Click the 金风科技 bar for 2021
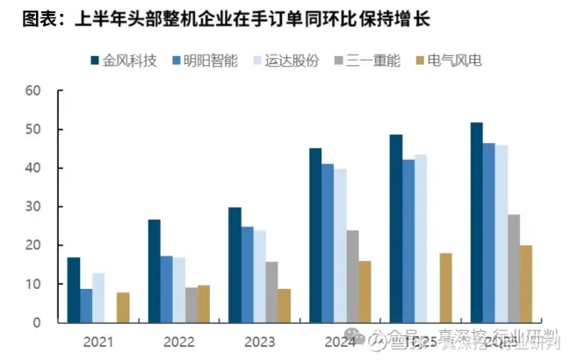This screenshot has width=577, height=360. pyautogui.click(x=74, y=290)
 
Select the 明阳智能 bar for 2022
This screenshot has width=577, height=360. pyautogui.click(x=166, y=289)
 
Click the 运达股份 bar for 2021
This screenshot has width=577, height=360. pyautogui.click(x=98, y=298)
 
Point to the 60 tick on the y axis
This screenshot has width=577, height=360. pyautogui.click(x=33, y=90)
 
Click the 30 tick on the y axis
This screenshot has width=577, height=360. pyautogui.click(x=33, y=206)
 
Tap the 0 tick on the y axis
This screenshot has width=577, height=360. pyautogui.click(x=37, y=322)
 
